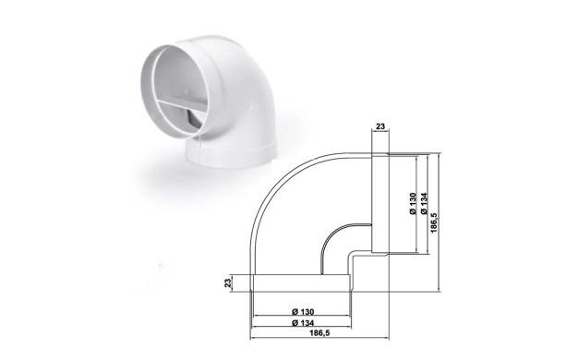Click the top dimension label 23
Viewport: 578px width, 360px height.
[x=380, y=126]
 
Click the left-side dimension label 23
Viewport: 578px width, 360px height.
[x=228, y=283]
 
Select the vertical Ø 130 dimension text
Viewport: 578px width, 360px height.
[x=413, y=203]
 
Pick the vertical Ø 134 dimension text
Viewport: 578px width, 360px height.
[x=424, y=203]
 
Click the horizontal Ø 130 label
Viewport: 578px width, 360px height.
[x=303, y=312]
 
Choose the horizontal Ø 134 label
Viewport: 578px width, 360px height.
[x=303, y=323]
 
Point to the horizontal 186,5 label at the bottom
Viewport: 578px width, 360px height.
[x=319, y=332]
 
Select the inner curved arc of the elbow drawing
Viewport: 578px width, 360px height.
[x=331, y=234]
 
